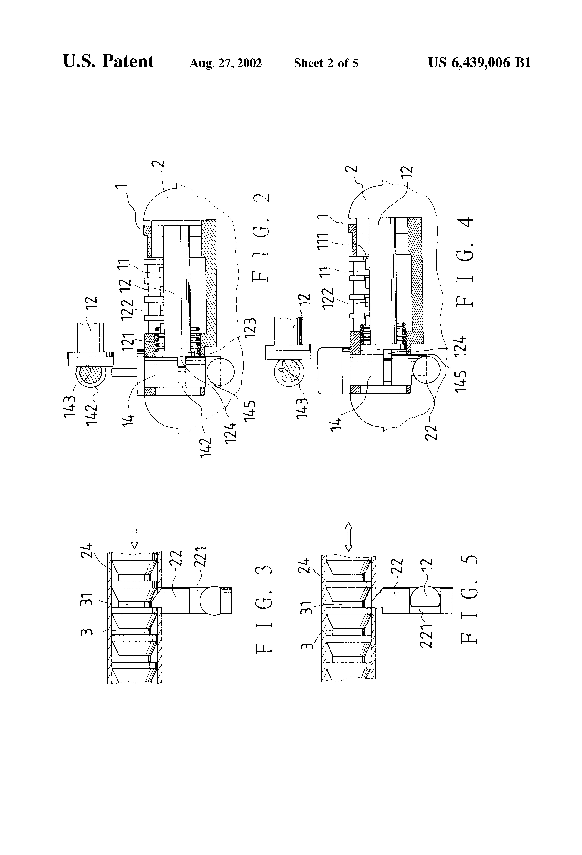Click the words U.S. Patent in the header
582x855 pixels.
(108, 61)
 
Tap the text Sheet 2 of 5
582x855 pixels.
(326, 63)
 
